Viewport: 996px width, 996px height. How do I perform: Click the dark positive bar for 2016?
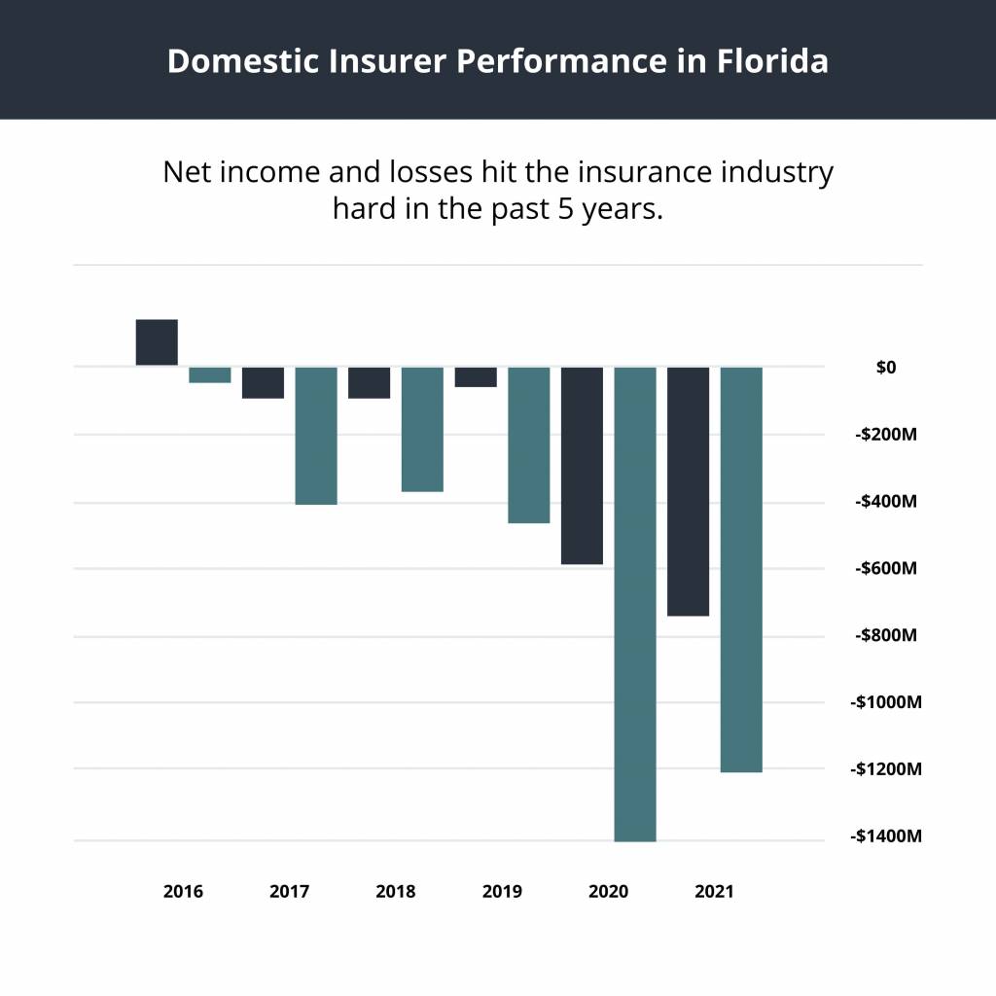(157, 342)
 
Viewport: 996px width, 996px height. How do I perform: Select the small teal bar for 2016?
(209, 375)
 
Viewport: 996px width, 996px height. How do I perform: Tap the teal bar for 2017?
(316, 436)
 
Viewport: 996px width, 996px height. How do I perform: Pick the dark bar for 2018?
(370, 383)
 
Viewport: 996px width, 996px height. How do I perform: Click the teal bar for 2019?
(529, 445)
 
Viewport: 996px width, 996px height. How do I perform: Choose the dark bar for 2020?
(582, 466)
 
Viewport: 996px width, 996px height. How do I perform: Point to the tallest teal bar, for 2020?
(635, 604)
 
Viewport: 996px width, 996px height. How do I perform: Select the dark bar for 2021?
(689, 492)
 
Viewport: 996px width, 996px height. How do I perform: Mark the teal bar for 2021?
(741, 570)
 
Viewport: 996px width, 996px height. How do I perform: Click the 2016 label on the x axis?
(183, 891)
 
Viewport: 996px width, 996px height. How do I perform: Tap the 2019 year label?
(502, 891)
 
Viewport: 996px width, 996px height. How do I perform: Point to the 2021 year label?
(715, 891)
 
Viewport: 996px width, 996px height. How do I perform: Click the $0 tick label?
(885, 368)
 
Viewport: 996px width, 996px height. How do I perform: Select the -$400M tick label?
(886, 502)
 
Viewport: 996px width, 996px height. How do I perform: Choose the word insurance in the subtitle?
(641, 173)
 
